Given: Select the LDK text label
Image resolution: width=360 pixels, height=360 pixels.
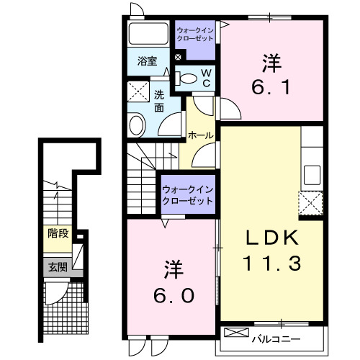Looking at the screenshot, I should [x=270, y=238].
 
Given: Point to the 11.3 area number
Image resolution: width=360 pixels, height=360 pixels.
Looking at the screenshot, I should [x=270, y=264].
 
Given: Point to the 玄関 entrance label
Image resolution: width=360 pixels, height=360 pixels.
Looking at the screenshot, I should [x=56, y=267].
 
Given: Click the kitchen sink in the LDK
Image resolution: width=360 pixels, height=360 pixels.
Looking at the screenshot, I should [x=312, y=174].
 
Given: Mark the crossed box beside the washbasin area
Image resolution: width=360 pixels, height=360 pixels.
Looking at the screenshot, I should [x=137, y=91].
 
